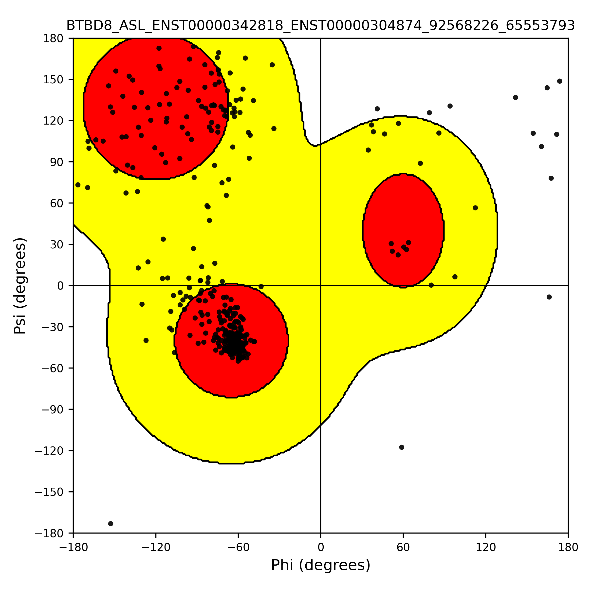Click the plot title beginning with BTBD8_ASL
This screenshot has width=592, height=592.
tap(320, 26)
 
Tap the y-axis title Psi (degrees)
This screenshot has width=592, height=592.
tap(20, 286)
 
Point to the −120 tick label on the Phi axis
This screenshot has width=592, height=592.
tap(156, 547)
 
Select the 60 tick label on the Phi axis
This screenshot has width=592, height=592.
tap(403, 547)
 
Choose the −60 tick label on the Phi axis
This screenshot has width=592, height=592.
tap(238, 547)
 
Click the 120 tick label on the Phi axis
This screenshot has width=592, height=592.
tap(486, 547)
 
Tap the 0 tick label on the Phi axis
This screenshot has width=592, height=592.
tap(320, 547)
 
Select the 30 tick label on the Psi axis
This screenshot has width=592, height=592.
tap(57, 244)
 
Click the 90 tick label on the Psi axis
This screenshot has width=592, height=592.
tap(57, 162)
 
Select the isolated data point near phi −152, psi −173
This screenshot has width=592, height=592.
tap(111, 524)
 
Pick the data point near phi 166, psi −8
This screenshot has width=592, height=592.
tap(549, 297)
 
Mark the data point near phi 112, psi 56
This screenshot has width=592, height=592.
tap(475, 208)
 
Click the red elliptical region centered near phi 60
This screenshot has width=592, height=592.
tap(403, 230)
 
